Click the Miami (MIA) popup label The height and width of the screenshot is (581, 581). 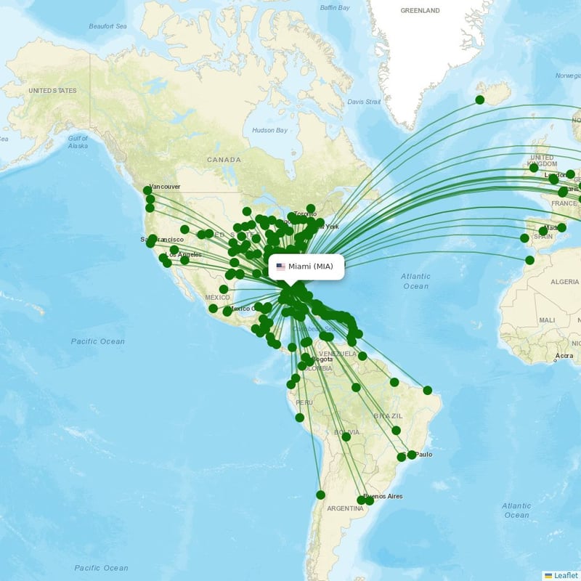pos(310,267)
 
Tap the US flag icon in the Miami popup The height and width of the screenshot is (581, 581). pos(281,267)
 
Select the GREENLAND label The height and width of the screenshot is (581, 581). pos(420,11)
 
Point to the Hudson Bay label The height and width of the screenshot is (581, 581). pos(270,130)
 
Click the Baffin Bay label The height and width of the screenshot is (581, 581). pos(336,8)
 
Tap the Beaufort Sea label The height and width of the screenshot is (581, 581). pos(107,26)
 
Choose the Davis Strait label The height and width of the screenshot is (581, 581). pos(364,102)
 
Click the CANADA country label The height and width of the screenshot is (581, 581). pos(224,160)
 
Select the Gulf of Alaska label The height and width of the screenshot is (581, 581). pos(78,142)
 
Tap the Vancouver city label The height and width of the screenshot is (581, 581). pos(164,187)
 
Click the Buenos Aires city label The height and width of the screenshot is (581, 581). pos(383,496)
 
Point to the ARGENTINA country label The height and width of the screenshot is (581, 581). pos(345,508)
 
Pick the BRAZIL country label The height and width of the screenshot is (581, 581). pos(388,415)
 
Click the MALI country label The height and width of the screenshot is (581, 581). pos(546,320)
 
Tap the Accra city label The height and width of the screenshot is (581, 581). pos(564,356)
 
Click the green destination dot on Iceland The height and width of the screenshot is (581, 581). pos(480,99)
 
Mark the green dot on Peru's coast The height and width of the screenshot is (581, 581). pos(300,418)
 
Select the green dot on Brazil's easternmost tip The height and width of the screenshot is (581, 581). pos(428,390)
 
